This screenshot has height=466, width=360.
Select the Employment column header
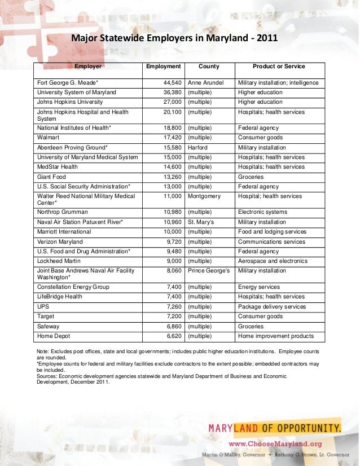[x=163, y=67]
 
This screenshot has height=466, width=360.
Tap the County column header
[x=209, y=67]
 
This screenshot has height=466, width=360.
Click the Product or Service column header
[x=278, y=67]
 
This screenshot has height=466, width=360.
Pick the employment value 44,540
[x=169, y=83]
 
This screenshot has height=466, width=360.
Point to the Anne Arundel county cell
[x=207, y=83]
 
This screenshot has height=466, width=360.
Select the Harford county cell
[x=198, y=147]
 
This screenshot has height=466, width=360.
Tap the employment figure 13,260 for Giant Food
[x=169, y=177]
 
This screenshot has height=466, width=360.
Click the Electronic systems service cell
[x=262, y=212]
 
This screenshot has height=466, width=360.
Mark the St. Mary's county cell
[x=202, y=222]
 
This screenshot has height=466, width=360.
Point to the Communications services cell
[x=272, y=241]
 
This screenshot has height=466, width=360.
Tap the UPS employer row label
[x=43, y=307]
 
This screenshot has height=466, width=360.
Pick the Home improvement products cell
[x=275, y=336]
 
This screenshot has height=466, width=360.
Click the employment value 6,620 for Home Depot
[x=170, y=336]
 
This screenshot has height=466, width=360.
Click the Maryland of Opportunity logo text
[x=275, y=427]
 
